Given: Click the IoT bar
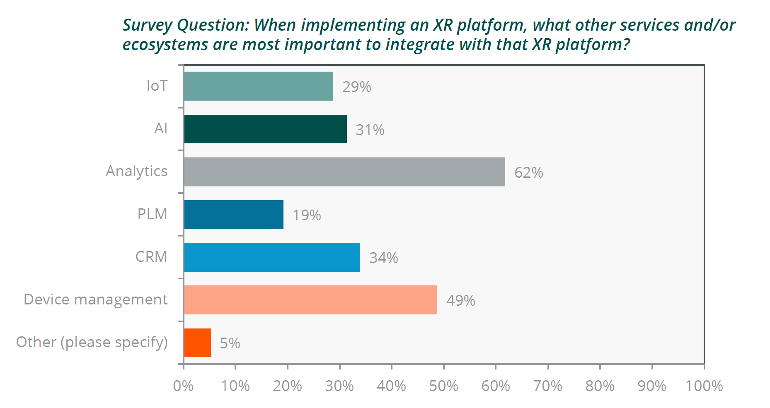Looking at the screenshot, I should point(258,86).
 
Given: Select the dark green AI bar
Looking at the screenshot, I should point(265,129).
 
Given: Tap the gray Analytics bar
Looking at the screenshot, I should point(344,172).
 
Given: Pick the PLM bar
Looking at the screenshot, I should point(234,215).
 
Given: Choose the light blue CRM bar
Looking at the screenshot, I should point(272,257).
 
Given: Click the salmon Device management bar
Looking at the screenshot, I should point(310,300).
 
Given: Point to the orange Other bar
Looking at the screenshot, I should point(197,343).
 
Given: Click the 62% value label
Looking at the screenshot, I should point(528,173).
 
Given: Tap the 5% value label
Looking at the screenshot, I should point(230,343).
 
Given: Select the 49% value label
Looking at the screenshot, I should point(460,301).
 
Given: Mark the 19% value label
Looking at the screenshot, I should point(307,215).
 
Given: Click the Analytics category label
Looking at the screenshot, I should point(137,171).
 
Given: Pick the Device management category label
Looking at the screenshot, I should point(96,299).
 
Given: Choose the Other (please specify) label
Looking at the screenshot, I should point(92,343).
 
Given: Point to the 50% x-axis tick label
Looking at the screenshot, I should point(443,386).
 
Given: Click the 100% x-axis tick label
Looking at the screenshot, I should point(704,386).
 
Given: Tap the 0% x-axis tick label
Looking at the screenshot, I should point(183,386).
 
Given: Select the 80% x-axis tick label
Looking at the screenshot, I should point(600,386).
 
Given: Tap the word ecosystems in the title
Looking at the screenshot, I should point(165,45).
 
